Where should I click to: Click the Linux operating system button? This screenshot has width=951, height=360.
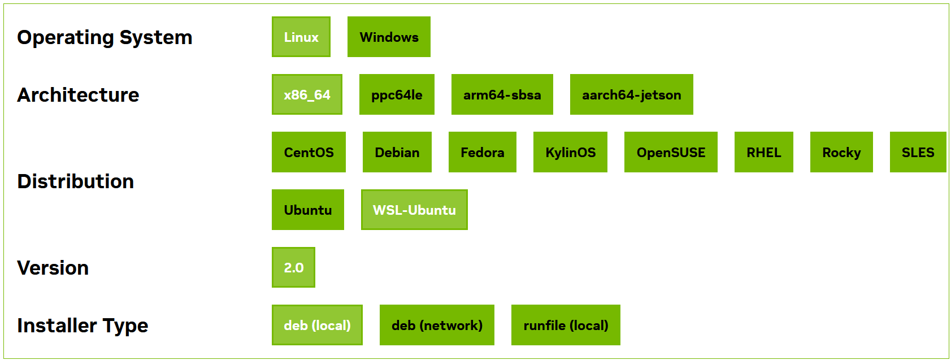point(301,37)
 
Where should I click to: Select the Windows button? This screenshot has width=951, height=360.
point(389,37)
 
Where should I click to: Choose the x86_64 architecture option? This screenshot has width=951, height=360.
point(307,94)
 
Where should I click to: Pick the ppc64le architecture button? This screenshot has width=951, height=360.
point(397,94)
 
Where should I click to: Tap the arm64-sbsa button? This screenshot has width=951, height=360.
point(502,94)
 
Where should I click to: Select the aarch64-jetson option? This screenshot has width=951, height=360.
point(631,94)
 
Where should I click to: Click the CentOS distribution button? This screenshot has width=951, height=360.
point(309,152)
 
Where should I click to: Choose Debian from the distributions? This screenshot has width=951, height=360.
point(397,152)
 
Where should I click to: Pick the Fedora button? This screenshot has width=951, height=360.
point(482,152)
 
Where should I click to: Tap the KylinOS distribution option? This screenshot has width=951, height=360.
point(570,152)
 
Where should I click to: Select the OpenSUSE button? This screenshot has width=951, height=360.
point(671,152)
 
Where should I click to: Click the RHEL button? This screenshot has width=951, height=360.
point(763,152)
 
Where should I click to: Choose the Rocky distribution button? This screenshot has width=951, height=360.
point(841,152)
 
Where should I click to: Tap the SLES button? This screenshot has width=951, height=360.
point(918,152)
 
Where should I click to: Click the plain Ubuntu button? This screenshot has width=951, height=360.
point(307,210)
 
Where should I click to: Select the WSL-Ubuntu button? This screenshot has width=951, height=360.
point(414,210)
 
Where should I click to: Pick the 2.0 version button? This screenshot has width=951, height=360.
point(293,267)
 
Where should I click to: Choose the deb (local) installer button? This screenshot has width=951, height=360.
point(317,325)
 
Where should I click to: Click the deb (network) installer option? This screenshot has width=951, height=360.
point(437,325)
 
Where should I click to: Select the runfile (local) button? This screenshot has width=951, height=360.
point(566,325)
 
